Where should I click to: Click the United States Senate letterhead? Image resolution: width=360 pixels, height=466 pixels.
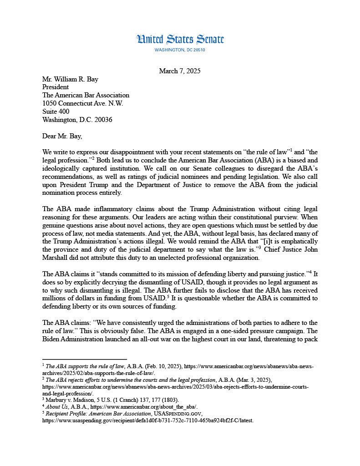point(180,40)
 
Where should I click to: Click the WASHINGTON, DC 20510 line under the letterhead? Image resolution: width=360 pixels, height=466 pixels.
point(180,50)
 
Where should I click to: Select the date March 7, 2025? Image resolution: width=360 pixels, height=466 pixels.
point(180,71)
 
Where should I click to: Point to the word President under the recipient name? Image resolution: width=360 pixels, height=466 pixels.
point(56,87)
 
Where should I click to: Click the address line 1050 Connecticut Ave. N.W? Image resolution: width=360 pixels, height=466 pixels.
point(83,103)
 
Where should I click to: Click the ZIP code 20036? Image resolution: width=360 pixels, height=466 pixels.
point(102,120)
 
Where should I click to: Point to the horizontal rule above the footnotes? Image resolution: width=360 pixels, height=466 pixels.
point(84,359)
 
